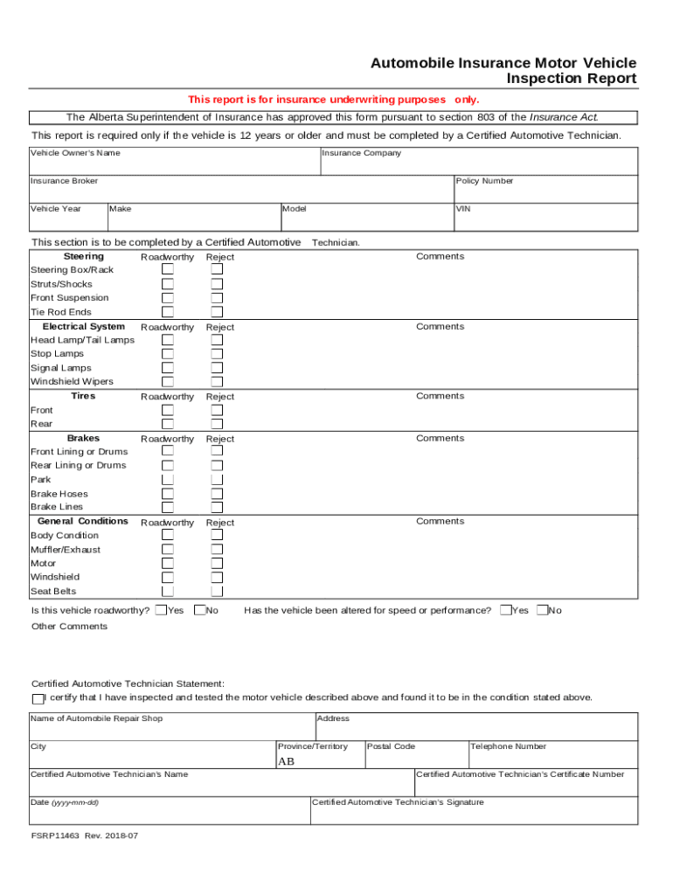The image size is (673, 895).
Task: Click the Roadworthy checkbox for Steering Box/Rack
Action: tap(167, 270)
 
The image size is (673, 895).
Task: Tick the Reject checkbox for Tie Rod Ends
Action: tap(217, 312)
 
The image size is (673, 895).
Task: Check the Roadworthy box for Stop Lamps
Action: tap(167, 354)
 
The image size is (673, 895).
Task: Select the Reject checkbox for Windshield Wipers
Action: tap(217, 382)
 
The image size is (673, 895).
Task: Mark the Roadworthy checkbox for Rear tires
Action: tap(167, 424)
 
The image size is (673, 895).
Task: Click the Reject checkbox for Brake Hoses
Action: tap(217, 494)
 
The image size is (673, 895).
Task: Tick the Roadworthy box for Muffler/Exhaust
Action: tap(167, 550)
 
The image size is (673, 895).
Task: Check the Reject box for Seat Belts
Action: tap(217, 592)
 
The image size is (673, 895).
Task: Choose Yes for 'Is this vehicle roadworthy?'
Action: tap(161, 610)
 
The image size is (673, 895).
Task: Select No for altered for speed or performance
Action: tap(542, 610)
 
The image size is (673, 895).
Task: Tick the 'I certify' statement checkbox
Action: tap(38, 698)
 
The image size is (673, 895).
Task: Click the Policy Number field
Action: tap(545, 192)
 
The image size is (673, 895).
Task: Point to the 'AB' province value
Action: tap(286, 761)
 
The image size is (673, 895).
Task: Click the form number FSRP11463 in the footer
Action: tap(55, 836)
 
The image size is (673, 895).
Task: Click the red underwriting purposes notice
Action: tap(333, 100)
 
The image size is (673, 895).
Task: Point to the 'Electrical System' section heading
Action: tap(83, 326)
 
